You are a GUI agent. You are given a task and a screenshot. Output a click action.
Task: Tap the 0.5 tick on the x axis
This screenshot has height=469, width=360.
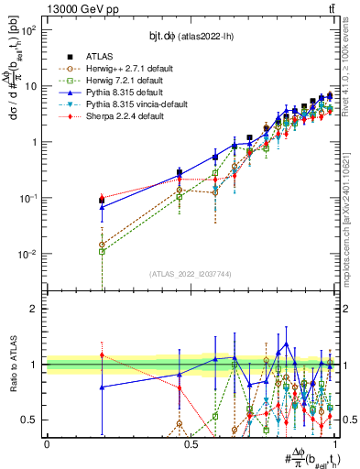coord(191,443)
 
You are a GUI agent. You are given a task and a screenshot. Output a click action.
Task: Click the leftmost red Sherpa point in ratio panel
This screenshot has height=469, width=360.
coord(102,355)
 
